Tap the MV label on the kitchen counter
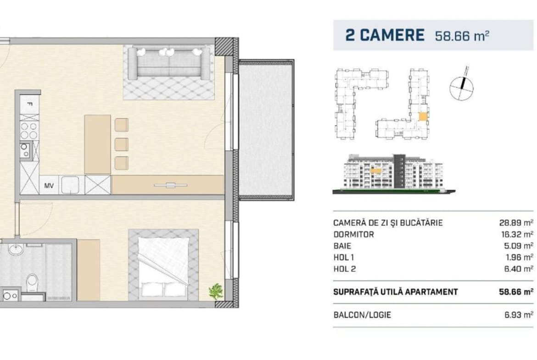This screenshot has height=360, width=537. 49,186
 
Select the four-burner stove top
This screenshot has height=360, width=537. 29,131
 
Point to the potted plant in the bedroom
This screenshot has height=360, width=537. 216,291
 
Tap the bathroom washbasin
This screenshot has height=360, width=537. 16,249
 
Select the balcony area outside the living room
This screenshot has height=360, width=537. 266,130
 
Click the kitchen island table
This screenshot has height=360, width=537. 98,144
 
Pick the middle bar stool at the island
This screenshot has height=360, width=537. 121,144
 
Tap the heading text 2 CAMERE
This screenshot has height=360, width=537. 385,35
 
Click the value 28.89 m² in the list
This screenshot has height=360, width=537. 516,223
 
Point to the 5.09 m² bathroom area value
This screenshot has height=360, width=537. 518,246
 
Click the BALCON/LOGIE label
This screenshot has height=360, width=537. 362,315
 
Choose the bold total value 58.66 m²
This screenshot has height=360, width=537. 516,292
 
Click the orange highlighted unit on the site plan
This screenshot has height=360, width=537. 423,116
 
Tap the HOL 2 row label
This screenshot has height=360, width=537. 345,269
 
